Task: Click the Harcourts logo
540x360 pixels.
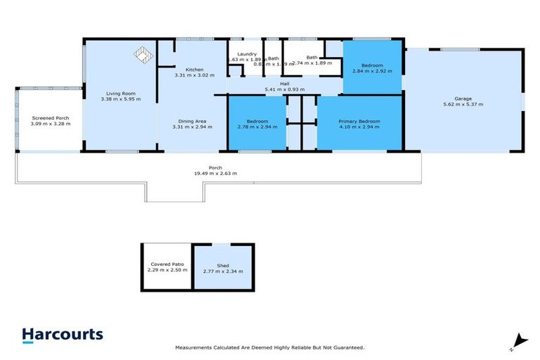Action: coord(62,335)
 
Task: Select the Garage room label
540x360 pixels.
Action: coord(462,98)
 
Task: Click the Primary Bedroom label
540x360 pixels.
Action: coord(359,121)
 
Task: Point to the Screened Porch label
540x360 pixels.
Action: coord(50,117)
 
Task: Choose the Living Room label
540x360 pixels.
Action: coord(120,94)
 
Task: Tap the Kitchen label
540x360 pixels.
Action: coord(194,69)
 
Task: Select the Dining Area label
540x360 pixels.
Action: coord(194,121)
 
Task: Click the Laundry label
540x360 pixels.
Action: coord(246,54)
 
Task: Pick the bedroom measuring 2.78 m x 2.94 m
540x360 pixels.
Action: coord(257,124)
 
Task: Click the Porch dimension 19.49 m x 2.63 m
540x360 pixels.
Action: coord(215,173)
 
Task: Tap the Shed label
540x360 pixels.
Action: coord(222,265)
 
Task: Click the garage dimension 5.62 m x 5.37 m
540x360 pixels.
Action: coord(462,104)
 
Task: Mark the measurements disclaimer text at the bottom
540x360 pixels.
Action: coord(269,347)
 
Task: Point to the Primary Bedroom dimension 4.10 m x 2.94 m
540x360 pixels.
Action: coord(359,127)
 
